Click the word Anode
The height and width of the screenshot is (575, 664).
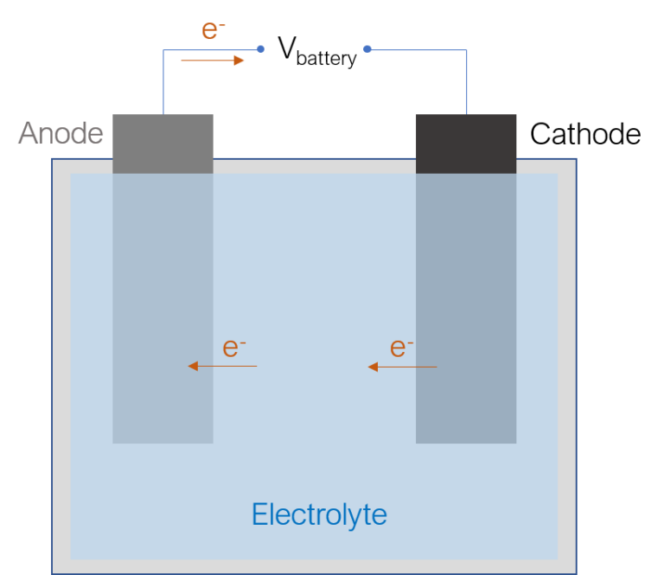tap(61, 133)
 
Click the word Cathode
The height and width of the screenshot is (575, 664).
tap(585, 134)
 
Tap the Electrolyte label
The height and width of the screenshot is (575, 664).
tap(319, 514)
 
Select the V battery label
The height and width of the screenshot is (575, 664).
tap(317, 52)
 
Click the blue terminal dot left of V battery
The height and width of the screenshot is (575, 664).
tap(261, 49)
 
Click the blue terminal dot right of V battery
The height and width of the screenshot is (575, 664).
tap(367, 49)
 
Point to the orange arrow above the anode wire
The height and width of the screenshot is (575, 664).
tap(213, 61)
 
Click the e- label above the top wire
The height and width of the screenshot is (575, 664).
tap(213, 29)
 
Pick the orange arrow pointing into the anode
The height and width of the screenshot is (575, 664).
tap(222, 366)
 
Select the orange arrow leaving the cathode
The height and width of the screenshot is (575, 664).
tap(402, 367)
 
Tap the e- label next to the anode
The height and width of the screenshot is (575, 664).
tap(233, 348)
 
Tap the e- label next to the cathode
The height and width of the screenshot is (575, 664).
tap(401, 348)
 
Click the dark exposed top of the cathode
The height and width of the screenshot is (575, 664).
tap(466, 144)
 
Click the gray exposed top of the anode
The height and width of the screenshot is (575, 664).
tap(163, 144)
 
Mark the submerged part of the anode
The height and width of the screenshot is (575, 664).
tap(163, 308)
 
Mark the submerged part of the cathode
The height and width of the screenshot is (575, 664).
tap(466, 308)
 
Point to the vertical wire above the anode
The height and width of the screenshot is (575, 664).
tap(163, 82)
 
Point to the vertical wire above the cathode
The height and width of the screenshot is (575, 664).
tap(466, 82)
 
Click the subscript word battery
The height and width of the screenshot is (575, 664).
tap(327, 59)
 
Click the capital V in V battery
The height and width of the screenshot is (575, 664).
tap(287, 48)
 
